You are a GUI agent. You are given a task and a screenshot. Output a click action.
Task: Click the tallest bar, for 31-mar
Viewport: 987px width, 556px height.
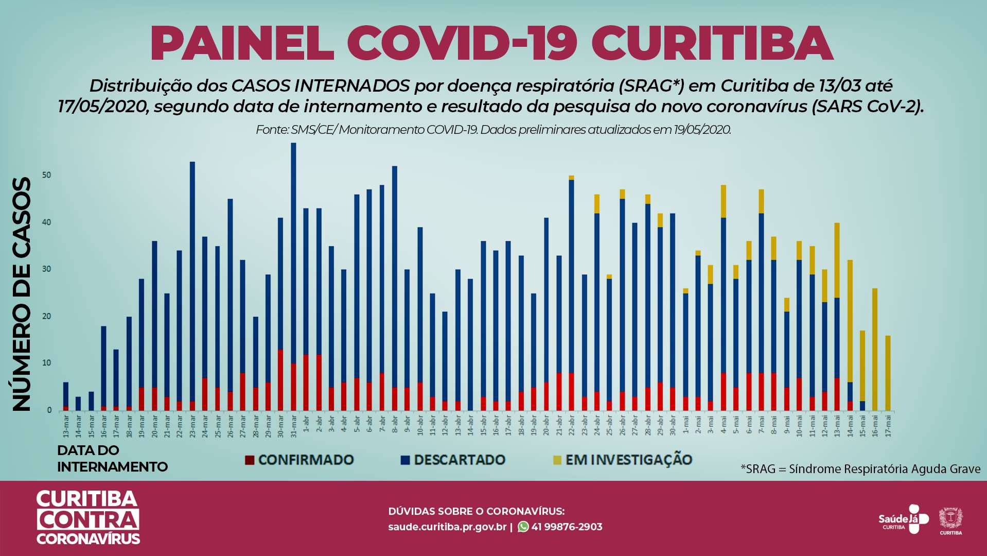click(293, 257)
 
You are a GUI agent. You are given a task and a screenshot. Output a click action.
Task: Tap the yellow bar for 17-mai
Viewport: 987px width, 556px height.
click(888, 373)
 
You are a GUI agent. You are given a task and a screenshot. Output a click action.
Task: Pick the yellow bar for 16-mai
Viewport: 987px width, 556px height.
click(875, 350)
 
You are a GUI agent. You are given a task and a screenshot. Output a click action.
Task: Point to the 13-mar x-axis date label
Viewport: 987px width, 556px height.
click(66, 425)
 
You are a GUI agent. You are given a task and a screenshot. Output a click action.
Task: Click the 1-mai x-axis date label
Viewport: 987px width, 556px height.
click(685, 424)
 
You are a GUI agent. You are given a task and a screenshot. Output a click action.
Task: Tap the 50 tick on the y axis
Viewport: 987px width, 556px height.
click(47, 175)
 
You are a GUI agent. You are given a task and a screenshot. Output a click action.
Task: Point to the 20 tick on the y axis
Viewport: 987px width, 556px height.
click(47, 316)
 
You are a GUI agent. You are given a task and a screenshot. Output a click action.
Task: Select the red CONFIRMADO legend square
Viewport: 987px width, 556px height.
click(250, 460)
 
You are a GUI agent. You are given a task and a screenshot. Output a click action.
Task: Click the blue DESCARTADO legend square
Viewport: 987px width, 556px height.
click(406, 460)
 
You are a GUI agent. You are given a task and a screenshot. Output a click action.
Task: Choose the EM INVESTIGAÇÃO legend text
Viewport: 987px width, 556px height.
click(628, 460)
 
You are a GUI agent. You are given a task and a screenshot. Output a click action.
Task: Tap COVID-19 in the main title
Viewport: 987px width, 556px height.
click(462, 43)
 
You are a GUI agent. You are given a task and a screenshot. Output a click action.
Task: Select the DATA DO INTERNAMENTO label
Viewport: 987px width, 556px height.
click(112, 458)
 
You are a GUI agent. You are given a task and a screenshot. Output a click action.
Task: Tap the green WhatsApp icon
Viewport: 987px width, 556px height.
click(523, 527)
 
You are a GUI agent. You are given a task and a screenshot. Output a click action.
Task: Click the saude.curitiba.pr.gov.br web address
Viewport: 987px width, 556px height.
click(447, 527)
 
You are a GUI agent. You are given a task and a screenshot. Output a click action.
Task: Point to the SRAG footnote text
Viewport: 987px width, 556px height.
click(860, 469)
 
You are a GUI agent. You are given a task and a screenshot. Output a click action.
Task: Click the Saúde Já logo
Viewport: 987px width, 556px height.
click(903, 519)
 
